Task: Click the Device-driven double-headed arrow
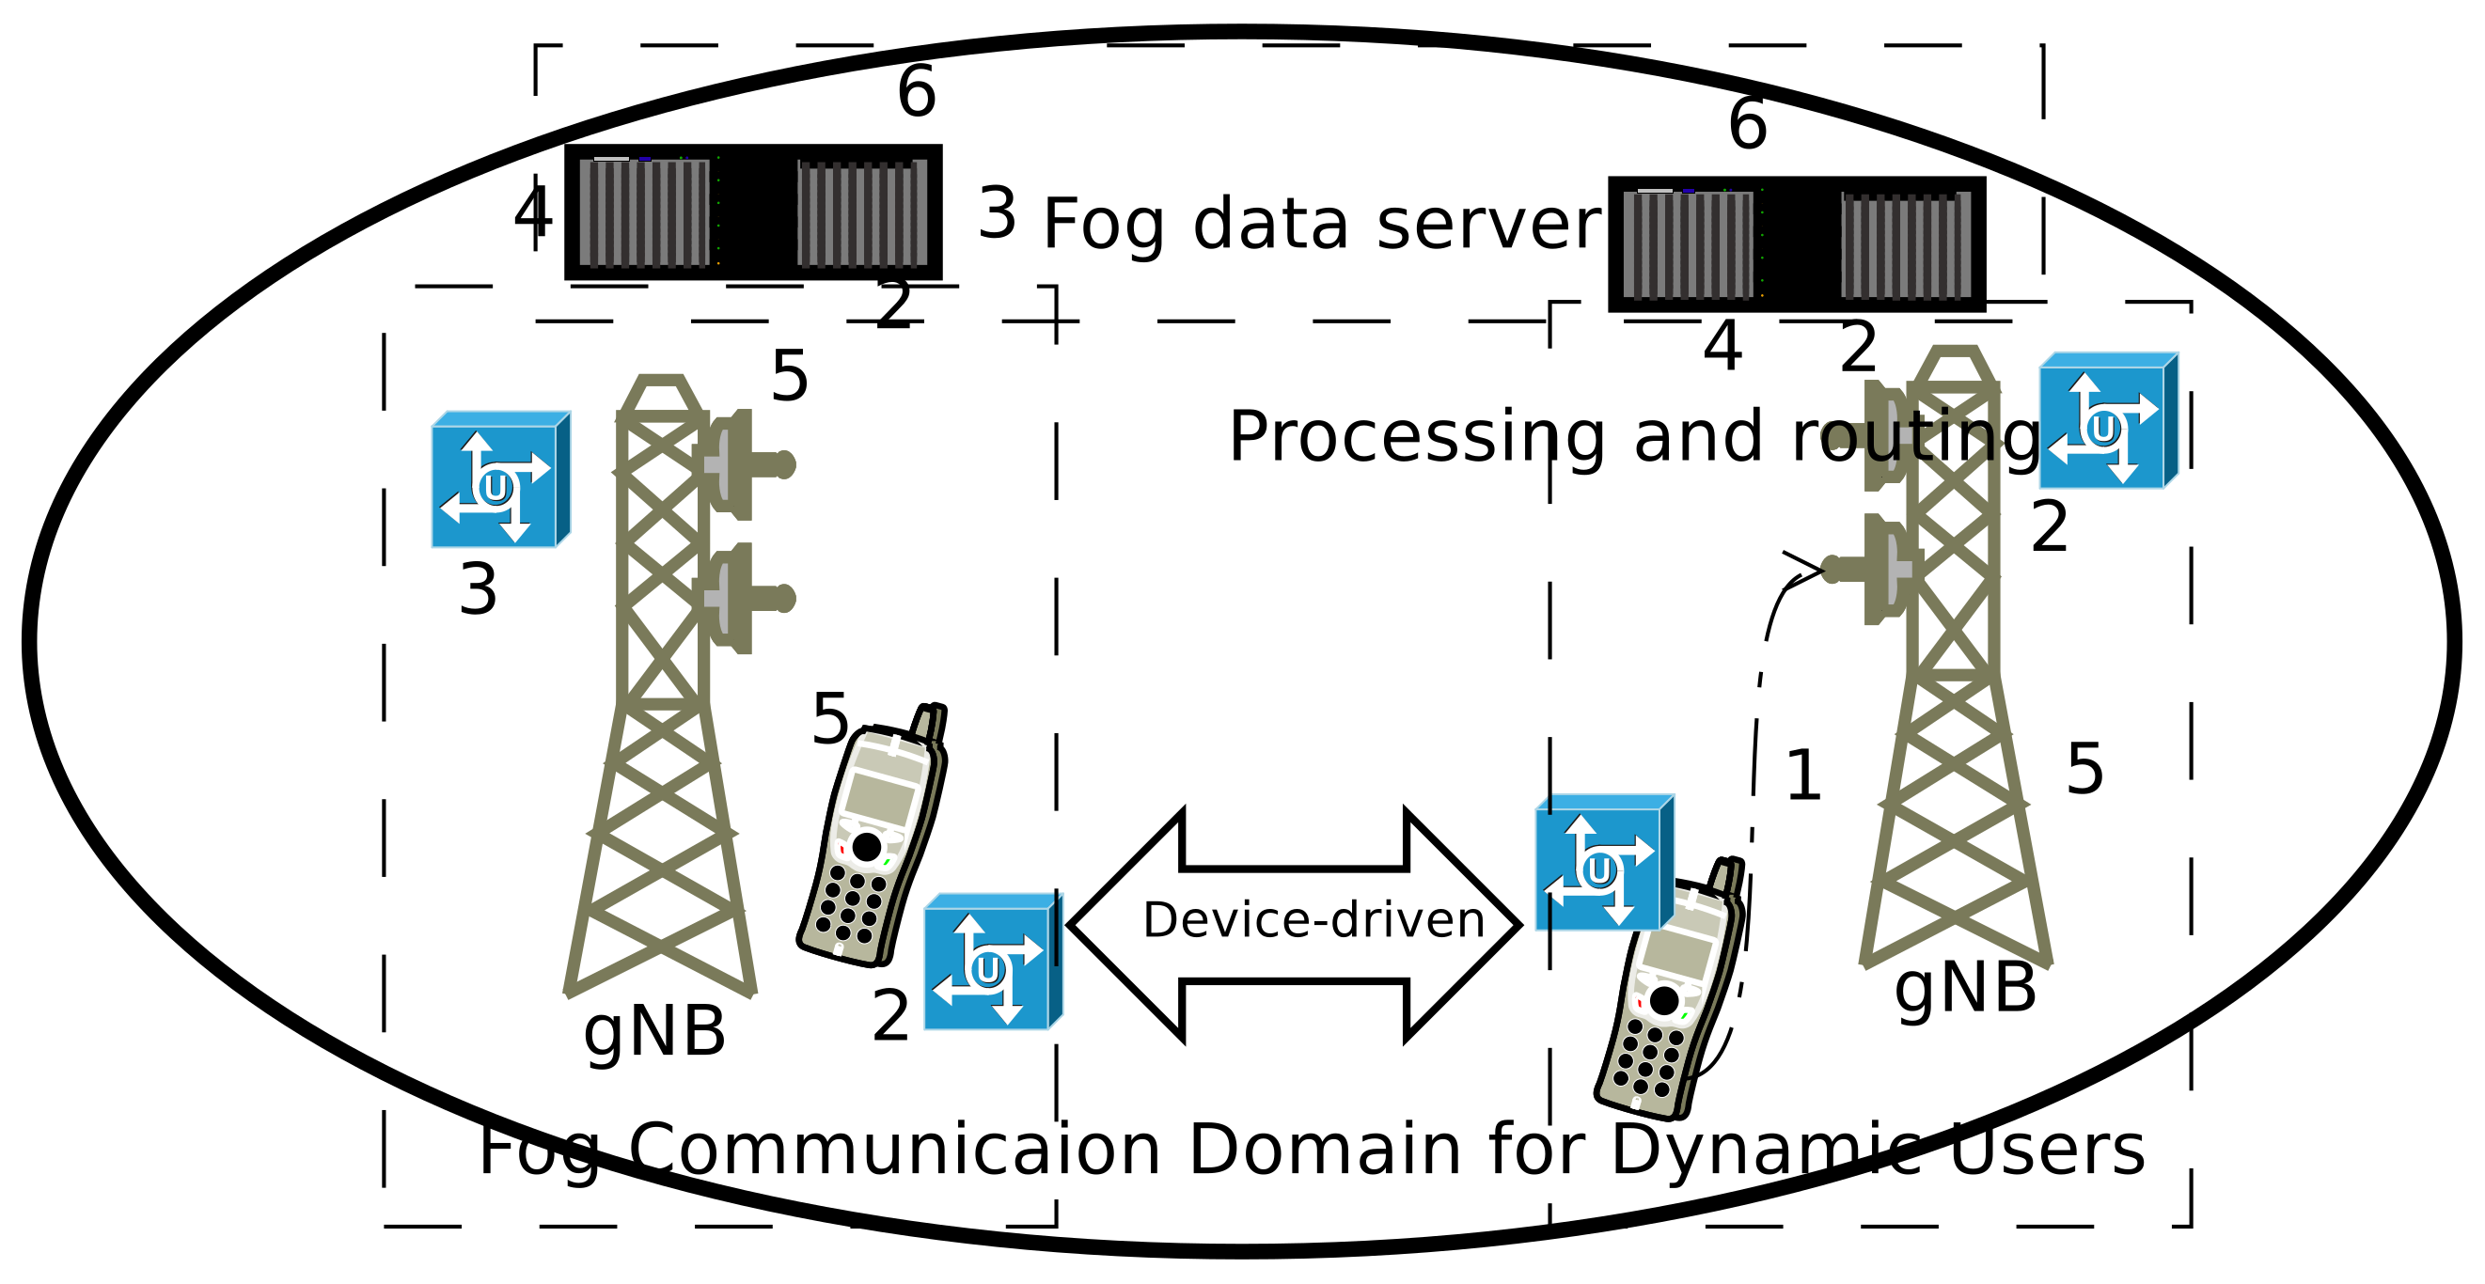[x=1295, y=924]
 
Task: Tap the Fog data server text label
[x=1321, y=225]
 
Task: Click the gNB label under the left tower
[x=654, y=1032]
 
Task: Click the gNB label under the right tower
[x=1964, y=990]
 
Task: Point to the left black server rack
[x=752, y=212]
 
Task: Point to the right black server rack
[x=1796, y=244]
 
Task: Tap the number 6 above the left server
[x=916, y=93]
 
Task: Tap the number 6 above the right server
[x=1747, y=124]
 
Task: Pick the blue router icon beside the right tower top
[x=2108, y=420]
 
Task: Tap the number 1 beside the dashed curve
[x=1802, y=776]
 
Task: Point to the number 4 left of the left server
[x=532, y=214]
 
